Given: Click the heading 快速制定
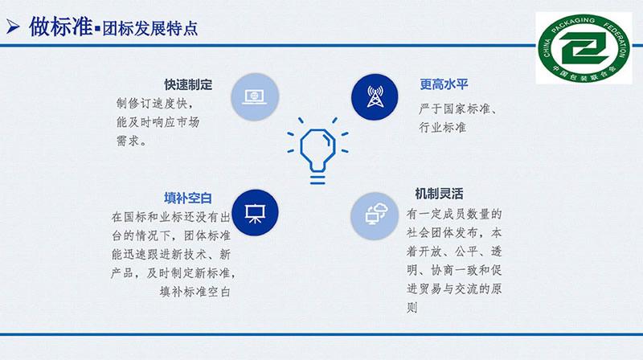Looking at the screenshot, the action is [188, 84].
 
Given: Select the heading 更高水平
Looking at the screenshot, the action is [444, 84].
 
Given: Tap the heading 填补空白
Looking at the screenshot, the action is [188, 198].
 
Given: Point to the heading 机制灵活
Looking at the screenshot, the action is [439, 193].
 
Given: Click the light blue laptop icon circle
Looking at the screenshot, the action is [255, 97].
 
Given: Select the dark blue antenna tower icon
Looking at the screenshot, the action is [375, 97].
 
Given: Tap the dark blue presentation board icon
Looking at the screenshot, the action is [255, 213].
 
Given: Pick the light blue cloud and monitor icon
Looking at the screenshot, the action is [375, 216].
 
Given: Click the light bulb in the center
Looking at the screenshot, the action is [317, 150].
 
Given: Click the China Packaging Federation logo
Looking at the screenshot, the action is [584, 48].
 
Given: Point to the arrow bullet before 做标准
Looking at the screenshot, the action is [13, 27].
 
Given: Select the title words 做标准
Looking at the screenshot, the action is [61, 27].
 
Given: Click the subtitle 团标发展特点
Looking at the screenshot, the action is [150, 28].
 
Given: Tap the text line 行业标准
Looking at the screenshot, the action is [443, 128].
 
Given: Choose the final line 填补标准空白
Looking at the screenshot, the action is [195, 292].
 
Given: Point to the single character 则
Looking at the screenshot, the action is [412, 308].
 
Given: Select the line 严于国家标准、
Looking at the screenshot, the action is [458, 108].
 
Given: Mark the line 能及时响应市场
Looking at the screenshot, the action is [158, 122].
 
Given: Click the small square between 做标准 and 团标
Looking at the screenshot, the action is [97, 29].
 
